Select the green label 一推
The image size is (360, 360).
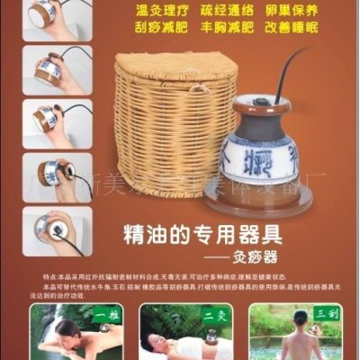[106, 315]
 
